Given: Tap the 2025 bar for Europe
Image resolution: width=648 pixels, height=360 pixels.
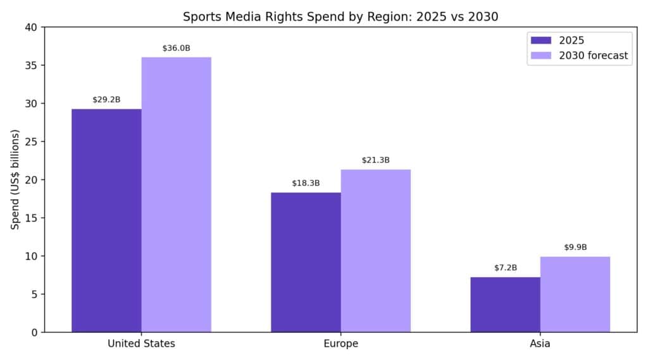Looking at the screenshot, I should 306,262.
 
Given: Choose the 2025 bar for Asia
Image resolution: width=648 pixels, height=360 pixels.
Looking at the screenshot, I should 505,304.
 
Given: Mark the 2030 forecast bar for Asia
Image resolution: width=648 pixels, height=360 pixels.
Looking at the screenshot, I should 575,294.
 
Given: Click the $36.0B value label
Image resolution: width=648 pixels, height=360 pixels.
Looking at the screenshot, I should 176,48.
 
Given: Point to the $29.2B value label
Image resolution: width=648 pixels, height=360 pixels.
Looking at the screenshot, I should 106,100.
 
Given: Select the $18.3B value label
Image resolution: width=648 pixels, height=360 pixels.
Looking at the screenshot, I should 306,183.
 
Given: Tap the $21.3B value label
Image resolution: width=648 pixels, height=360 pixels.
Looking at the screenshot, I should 375,160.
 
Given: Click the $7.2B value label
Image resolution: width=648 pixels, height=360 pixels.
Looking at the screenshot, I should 505,268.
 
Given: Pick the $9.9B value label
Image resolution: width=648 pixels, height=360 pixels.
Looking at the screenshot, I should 575,247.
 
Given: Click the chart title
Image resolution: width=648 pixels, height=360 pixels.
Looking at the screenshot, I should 340,16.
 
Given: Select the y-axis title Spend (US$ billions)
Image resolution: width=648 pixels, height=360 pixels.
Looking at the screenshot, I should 15,180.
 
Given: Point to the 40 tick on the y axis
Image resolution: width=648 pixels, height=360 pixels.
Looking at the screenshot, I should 32,27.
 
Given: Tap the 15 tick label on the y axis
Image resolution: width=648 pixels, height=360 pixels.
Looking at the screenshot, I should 32,218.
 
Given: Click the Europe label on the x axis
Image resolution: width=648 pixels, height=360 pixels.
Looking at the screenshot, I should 340,344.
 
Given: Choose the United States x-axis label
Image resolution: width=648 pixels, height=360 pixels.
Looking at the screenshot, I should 141,344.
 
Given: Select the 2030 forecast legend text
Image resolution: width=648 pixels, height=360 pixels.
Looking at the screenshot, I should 593,56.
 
